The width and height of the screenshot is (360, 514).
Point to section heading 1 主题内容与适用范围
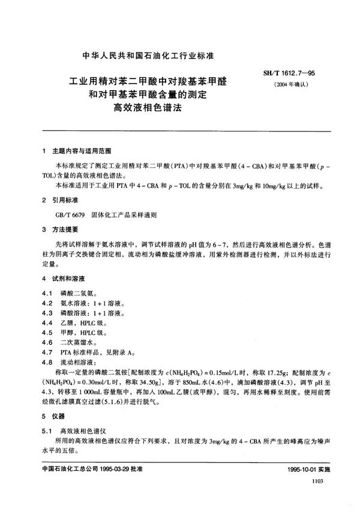(77, 150)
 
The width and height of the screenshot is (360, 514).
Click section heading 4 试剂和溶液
(65, 279)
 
